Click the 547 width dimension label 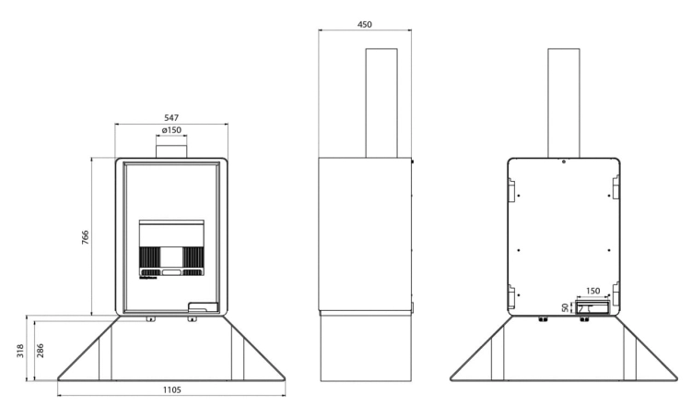[x=171, y=118]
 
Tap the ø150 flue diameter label [x=171, y=130]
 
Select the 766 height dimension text [x=85, y=237]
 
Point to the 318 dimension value [x=20, y=351]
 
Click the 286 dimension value [x=41, y=351]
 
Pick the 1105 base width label [x=172, y=389]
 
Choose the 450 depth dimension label [x=365, y=25]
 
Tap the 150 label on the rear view [x=593, y=291]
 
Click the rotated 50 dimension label [x=566, y=307]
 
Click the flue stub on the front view [x=171, y=147]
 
